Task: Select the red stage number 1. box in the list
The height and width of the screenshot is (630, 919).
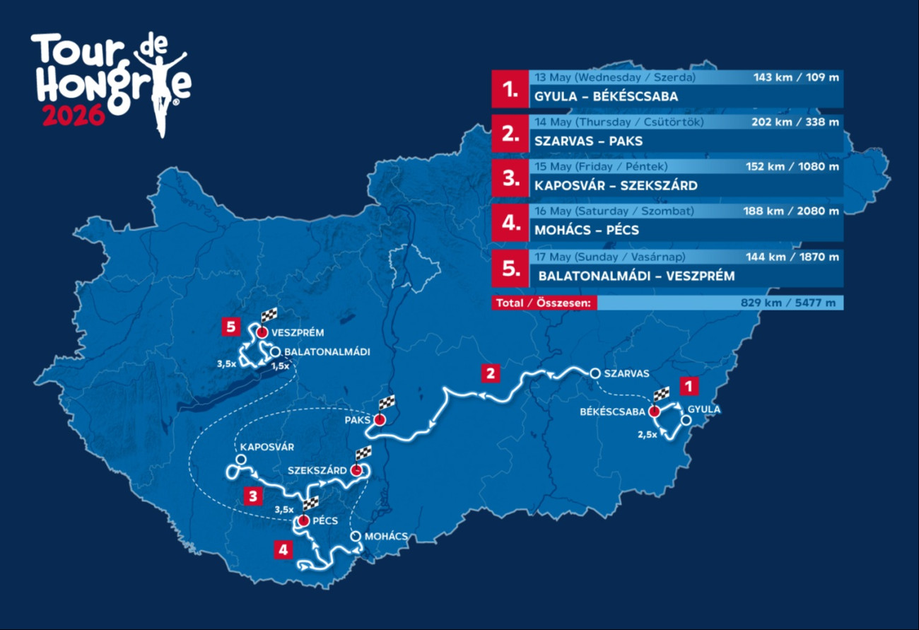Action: (x=510, y=90)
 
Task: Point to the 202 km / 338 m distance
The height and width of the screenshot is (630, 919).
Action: (x=792, y=122)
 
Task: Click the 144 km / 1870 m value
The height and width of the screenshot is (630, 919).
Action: (x=792, y=255)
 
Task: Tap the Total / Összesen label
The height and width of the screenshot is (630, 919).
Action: (x=544, y=303)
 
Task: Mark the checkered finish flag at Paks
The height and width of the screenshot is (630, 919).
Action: (x=386, y=403)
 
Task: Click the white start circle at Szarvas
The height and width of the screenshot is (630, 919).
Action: (x=595, y=373)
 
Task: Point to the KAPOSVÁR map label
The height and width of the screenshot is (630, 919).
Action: (x=267, y=447)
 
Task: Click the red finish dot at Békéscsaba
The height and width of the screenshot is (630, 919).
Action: (x=655, y=411)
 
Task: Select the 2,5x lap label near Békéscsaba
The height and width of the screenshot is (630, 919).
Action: (x=646, y=435)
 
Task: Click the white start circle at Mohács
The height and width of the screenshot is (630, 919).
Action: (x=356, y=537)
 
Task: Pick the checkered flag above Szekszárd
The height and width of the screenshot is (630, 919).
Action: (x=363, y=453)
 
